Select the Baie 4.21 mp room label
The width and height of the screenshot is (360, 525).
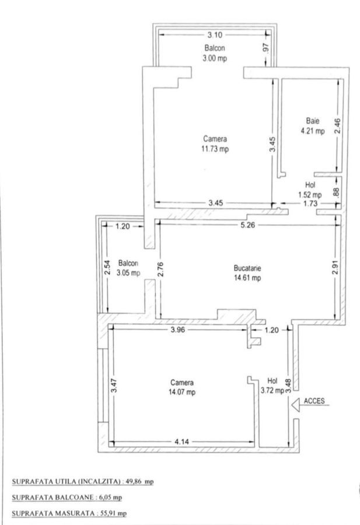312,127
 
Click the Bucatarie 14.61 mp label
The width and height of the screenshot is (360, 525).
247,273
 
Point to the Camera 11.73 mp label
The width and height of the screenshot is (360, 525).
215,144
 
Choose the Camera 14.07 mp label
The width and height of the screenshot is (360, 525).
182,387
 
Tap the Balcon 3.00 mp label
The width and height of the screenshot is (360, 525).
215,52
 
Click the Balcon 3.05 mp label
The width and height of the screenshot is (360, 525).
128,268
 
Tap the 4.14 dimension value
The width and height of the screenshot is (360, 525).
182,442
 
